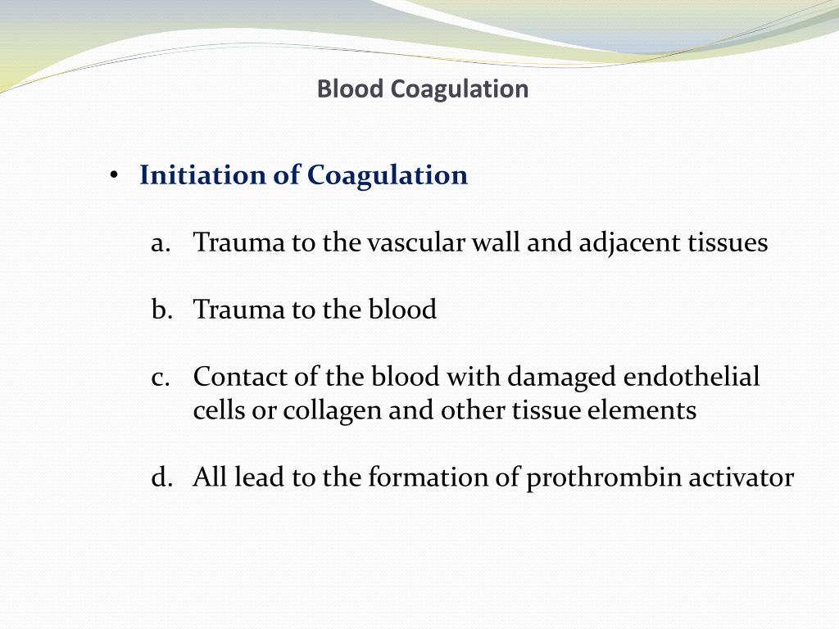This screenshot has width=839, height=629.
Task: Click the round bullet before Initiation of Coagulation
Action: pyautogui.click(x=115, y=176)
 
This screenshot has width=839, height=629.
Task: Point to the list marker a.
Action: pyautogui.click(x=160, y=243)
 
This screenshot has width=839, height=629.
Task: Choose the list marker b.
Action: pyautogui.click(x=160, y=310)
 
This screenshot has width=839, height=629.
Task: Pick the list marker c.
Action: pyautogui.click(x=160, y=377)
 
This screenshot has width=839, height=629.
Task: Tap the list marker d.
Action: pyautogui.click(x=160, y=477)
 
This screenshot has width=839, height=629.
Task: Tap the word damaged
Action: pyautogui.click(x=562, y=378)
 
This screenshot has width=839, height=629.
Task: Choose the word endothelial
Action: pyautogui.click(x=692, y=377)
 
